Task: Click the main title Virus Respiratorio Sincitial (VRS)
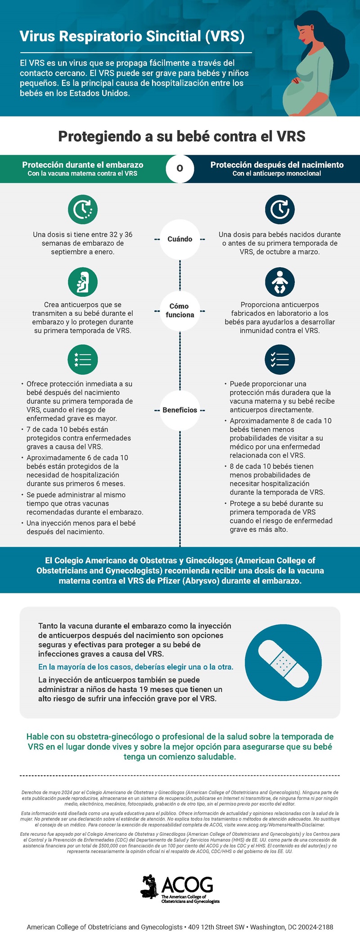(132, 36)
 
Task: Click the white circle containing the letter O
(180, 168)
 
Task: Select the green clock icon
(83, 210)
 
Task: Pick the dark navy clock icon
(279, 210)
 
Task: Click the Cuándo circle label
(180, 239)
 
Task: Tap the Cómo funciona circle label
(180, 310)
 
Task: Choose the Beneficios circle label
(180, 410)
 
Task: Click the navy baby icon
(279, 282)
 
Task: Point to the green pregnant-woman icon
(83, 282)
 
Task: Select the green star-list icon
(83, 359)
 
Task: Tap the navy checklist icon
(279, 359)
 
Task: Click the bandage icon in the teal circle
(283, 662)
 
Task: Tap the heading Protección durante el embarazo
(83, 165)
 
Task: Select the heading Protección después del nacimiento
(277, 165)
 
